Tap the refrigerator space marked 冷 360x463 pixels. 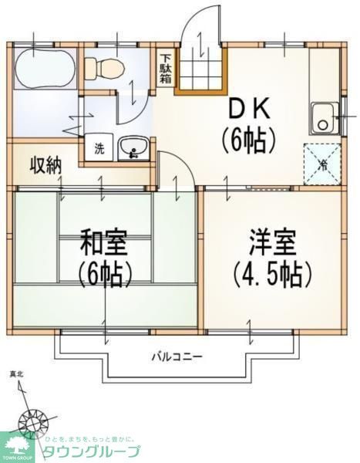point(322,163)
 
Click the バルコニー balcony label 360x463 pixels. point(177,357)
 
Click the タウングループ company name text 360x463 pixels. point(91,451)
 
